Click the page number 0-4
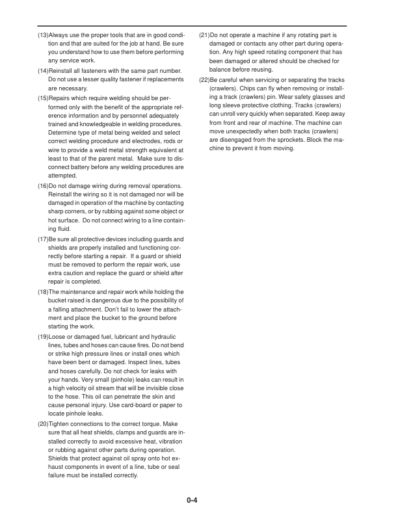(x=191, y=500)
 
